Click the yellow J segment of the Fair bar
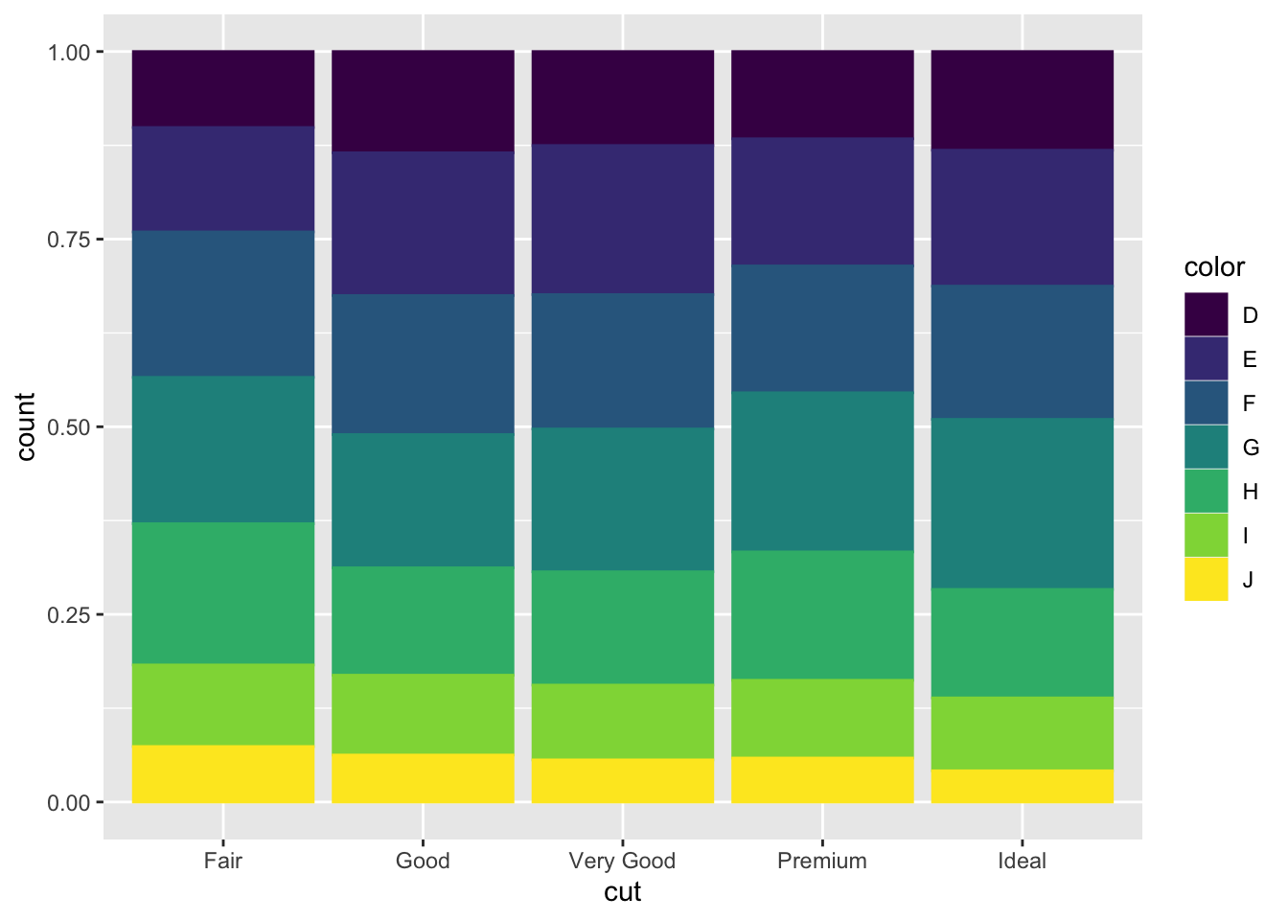tap(223, 773)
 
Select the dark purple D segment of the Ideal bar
tap(1022, 99)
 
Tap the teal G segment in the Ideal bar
tap(1022, 502)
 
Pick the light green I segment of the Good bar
tap(423, 713)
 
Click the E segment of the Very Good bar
tap(623, 218)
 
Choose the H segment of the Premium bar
tap(822, 614)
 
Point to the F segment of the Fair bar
tap(223, 303)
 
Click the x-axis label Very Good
tap(623, 861)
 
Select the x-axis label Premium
tap(822, 861)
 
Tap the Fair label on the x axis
tap(223, 861)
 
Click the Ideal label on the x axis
tap(1022, 861)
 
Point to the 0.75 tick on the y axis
tap(69, 240)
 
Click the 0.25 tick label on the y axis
tap(69, 614)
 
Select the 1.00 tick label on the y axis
tap(69, 52)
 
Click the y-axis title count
tap(26, 426)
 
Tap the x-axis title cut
tap(623, 892)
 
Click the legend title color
tap(1214, 267)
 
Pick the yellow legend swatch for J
tap(1206, 579)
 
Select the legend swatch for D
tap(1206, 314)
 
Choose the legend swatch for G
tap(1206, 447)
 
